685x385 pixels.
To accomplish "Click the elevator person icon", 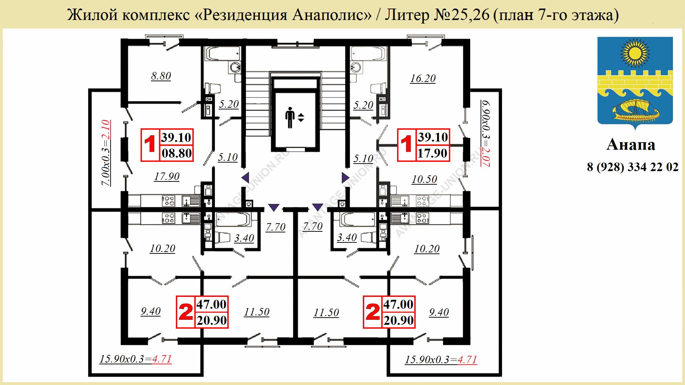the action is [x=290, y=117].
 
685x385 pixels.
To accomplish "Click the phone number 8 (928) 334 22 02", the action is [x=633, y=167].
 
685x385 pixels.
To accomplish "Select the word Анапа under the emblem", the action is [x=631, y=145].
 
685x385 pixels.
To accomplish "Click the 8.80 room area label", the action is [x=161, y=76].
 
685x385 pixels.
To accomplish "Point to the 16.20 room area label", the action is [x=423, y=78].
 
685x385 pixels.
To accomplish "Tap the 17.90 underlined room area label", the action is [x=167, y=176].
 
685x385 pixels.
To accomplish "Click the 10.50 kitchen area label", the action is [x=424, y=179].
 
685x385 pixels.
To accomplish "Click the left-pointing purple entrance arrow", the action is [x=245, y=177].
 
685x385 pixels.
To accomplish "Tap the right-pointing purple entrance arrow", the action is [x=345, y=177].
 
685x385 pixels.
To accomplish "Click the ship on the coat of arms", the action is [x=635, y=111].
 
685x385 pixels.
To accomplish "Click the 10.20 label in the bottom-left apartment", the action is [x=162, y=248].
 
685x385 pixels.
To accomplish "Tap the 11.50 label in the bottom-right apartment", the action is [x=326, y=313].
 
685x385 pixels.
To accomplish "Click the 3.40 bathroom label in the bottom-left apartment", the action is [x=244, y=238].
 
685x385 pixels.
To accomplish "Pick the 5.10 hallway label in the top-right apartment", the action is [x=363, y=159].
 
